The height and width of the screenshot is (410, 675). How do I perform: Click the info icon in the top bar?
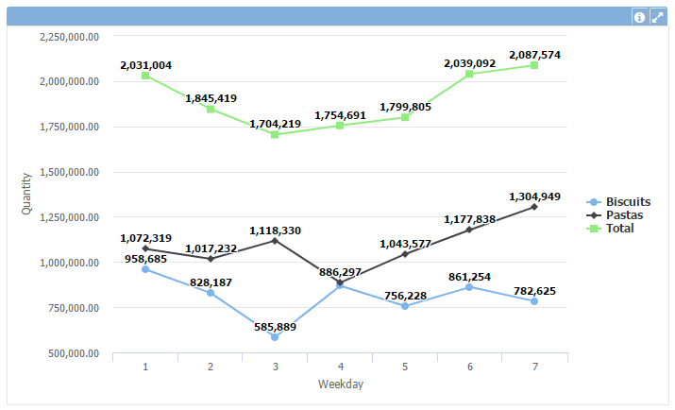click(639, 17)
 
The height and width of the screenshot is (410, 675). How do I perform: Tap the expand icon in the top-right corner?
click(657, 17)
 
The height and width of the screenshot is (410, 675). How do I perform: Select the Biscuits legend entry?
click(628, 202)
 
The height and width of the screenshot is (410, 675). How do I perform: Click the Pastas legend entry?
click(624, 215)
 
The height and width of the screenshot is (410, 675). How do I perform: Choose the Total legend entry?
click(620, 229)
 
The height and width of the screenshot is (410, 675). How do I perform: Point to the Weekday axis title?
click(340, 384)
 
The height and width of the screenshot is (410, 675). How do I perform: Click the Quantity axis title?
click(26, 194)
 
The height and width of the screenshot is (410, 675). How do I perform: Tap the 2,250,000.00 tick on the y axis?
click(70, 36)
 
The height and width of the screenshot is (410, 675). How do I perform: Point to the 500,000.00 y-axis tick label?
click(73, 353)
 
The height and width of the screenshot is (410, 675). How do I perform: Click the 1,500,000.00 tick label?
click(70, 172)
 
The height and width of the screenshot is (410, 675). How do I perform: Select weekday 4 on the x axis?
click(340, 367)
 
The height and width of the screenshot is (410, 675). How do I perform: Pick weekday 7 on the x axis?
click(534, 367)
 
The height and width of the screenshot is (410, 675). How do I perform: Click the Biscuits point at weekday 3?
click(275, 337)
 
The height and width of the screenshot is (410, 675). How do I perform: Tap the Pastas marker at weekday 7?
click(534, 207)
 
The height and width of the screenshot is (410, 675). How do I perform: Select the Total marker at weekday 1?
click(145, 76)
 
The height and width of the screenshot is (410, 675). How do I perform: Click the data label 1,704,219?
click(275, 124)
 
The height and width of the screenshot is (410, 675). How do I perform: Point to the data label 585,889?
click(275, 326)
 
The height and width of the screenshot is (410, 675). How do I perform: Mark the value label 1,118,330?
click(275, 230)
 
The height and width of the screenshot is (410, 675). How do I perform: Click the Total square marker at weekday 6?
click(469, 74)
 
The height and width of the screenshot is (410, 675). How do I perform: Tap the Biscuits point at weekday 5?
click(405, 306)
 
